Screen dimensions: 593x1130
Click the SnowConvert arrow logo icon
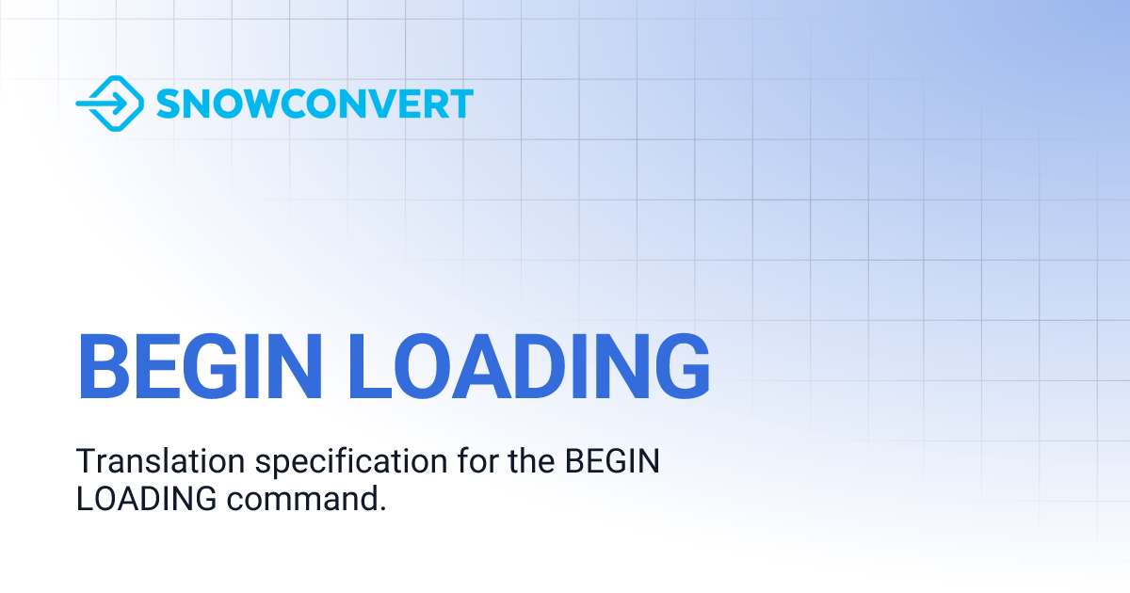(109, 103)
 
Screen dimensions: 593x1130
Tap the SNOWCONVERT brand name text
(315, 104)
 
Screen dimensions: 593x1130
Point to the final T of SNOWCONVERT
(460, 104)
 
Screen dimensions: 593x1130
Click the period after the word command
(383, 508)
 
